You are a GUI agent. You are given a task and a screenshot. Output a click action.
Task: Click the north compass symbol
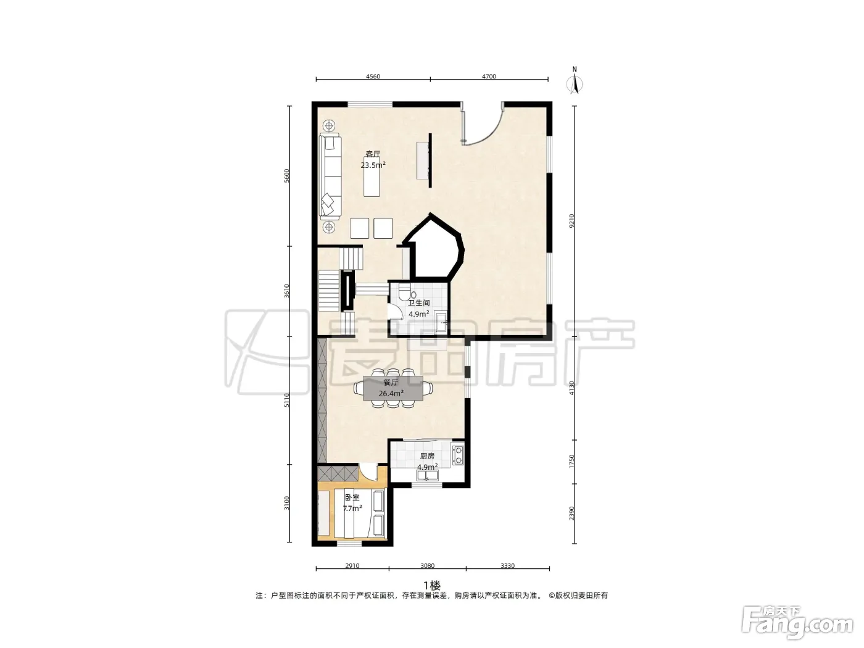click(575, 81)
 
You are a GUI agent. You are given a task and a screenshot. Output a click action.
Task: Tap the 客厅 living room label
click(373, 154)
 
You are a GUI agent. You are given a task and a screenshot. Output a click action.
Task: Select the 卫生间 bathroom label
click(418, 303)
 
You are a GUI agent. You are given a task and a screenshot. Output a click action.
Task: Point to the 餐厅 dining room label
click(391, 383)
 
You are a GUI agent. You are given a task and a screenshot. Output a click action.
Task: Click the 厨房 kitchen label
click(427, 456)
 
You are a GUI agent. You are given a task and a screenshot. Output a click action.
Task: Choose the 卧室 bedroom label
click(352, 497)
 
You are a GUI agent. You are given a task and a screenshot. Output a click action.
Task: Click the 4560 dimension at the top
click(373, 77)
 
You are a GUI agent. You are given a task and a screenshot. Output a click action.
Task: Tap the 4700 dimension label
click(489, 77)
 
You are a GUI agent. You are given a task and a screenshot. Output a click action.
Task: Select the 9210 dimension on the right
click(572, 220)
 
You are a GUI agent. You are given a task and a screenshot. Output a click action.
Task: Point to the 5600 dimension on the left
click(286, 175)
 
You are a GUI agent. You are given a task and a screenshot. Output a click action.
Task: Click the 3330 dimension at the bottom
click(507, 566)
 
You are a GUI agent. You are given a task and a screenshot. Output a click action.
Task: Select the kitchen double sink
click(427, 476)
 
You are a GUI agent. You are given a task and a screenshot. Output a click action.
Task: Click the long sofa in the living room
click(331, 177)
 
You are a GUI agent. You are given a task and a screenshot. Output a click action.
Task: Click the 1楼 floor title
click(432, 585)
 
